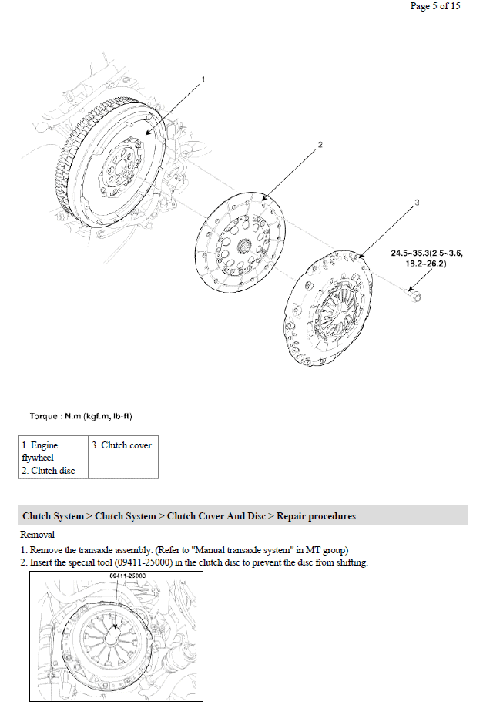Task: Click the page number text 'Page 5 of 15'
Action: pyautogui.click(x=435, y=6)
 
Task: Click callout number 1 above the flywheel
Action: pyautogui.click(x=203, y=79)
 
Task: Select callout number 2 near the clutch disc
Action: pyautogui.click(x=320, y=145)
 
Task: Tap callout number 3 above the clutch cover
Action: pyautogui.click(x=417, y=203)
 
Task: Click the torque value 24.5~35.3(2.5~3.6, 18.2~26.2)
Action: pyautogui.click(x=427, y=258)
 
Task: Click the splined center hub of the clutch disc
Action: pyautogui.click(x=244, y=246)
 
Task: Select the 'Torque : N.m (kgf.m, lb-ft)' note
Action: pyautogui.click(x=81, y=416)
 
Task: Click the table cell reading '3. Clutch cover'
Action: pyautogui.click(x=121, y=445)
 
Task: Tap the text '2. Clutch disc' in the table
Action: pyautogui.click(x=49, y=471)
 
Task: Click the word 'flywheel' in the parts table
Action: pyautogui.click(x=38, y=458)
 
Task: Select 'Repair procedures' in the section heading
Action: pyautogui.click(x=316, y=516)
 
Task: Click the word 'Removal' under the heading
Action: pyautogui.click(x=38, y=535)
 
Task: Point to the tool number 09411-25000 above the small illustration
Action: pyautogui.click(x=128, y=576)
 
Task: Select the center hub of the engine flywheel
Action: pyautogui.click(x=120, y=166)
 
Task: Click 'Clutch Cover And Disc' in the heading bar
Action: pyautogui.click(x=216, y=516)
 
